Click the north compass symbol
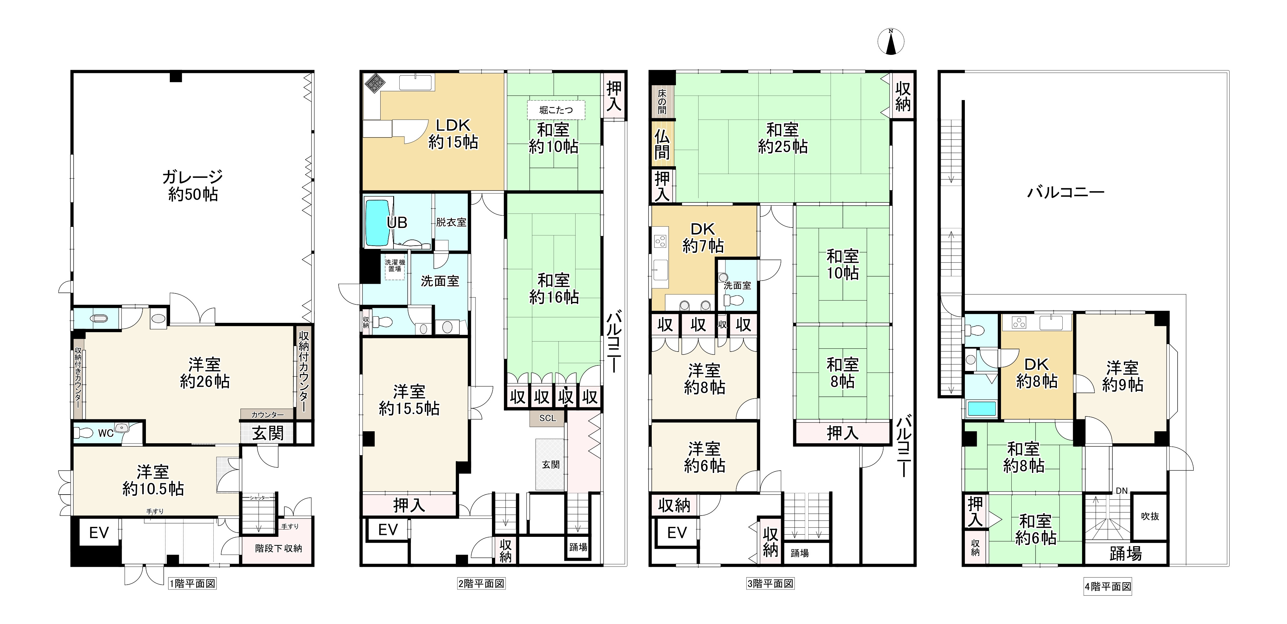(x=891, y=41)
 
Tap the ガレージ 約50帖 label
(x=193, y=185)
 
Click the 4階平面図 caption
(x=1108, y=587)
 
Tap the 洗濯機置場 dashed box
(x=395, y=265)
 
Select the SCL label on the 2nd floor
(x=547, y=418)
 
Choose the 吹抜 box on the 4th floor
(x=1149, y=516)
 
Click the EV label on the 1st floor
(x=99, y=533)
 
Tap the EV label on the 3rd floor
(x=677, y=533)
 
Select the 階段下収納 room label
(x=278, y=548)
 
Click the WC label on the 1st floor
(x=106, y=433)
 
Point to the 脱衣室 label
(x=451, y=222)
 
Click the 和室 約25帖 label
(x=783, y=138)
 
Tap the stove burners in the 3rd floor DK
(x=660, y=241)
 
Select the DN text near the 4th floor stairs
(x=1122, y=491)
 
